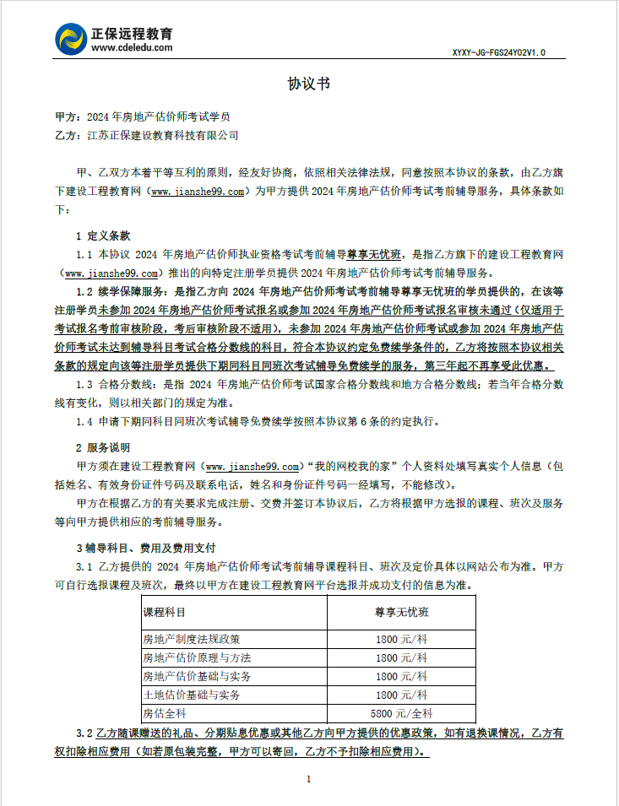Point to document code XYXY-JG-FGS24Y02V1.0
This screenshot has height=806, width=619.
point(498,52)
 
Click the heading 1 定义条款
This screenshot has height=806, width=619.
point(103,235)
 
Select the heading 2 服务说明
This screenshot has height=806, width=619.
point(103,447)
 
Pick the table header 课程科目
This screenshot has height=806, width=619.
point(164,611)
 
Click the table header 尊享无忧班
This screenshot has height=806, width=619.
point(402,611)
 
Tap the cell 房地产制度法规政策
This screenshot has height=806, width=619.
point(192,639)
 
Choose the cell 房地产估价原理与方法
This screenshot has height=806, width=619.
point(198,657)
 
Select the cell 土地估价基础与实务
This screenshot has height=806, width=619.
point(192,695)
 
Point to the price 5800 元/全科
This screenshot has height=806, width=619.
point(402,713)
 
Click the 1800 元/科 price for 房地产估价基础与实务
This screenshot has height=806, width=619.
point(402,676)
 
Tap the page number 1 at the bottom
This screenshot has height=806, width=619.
point(309,779)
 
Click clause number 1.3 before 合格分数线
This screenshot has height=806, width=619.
point(85,384)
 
